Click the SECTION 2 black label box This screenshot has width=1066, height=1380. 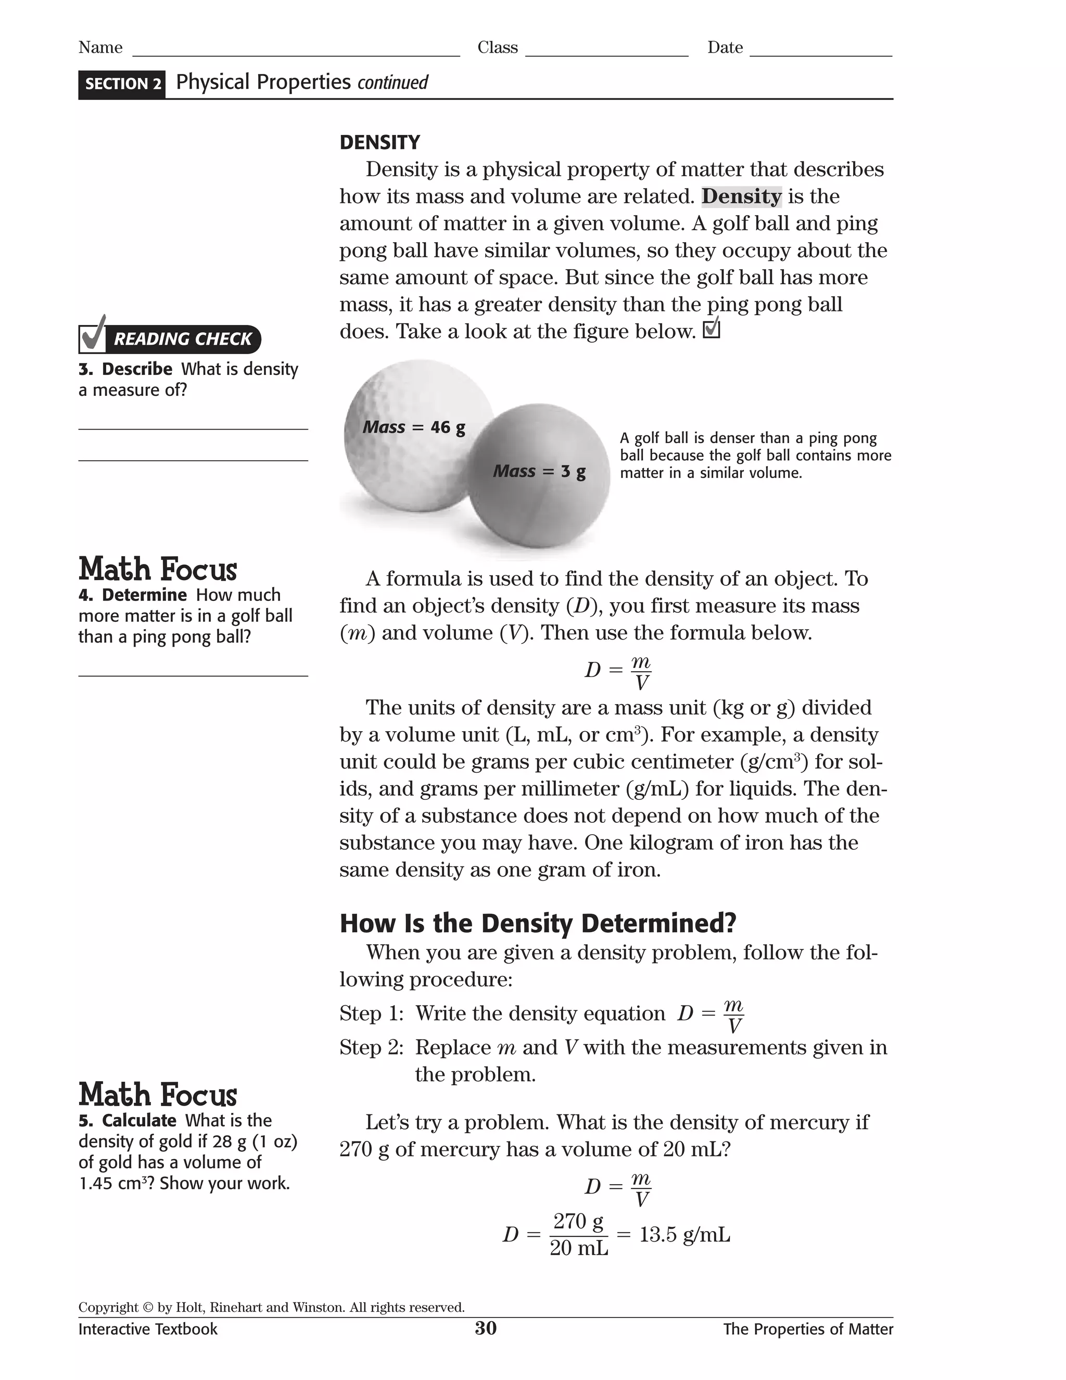122,84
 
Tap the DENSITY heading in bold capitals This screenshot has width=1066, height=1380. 379,142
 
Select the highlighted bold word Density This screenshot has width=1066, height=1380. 741,196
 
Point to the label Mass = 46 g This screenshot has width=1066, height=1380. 414,427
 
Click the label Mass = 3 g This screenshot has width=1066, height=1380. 539,471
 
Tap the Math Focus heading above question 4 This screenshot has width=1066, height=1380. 158,569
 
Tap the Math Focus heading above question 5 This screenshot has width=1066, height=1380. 158,1095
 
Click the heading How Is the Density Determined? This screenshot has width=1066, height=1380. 537,923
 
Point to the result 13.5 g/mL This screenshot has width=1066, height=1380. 684,1234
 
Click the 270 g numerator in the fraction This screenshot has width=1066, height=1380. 578,1221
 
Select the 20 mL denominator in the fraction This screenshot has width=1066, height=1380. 578,1248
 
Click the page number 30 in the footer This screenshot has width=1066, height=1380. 486,1328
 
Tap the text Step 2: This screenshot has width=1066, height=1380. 371,1047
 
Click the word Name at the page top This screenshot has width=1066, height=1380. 100,47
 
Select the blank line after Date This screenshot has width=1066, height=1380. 821,52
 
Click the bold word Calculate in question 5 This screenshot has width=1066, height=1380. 139,1120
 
